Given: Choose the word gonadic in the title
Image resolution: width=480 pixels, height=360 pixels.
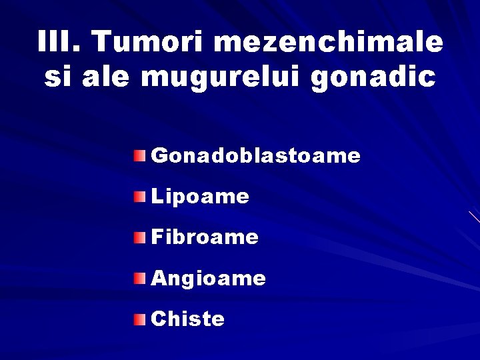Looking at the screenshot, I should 374,78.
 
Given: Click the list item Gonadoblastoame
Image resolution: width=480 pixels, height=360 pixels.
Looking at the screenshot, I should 256,156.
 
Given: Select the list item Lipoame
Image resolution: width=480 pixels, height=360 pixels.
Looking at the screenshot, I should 200,197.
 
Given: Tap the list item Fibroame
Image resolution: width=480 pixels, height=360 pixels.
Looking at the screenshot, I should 205,237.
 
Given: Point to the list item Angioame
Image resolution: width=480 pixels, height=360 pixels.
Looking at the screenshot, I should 208,278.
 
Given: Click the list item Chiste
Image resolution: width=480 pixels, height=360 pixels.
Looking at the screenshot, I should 188,319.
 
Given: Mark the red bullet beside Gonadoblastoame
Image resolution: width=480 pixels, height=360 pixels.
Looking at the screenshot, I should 137,156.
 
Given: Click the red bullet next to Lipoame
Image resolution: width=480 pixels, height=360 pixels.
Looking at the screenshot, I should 137,197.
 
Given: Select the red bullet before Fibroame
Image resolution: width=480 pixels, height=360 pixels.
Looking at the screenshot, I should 137,237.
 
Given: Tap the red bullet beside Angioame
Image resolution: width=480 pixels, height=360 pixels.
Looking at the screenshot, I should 137,277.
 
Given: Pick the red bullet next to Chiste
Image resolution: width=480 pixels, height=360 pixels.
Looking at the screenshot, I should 137,319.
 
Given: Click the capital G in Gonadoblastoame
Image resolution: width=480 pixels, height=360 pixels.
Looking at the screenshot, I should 159,156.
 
